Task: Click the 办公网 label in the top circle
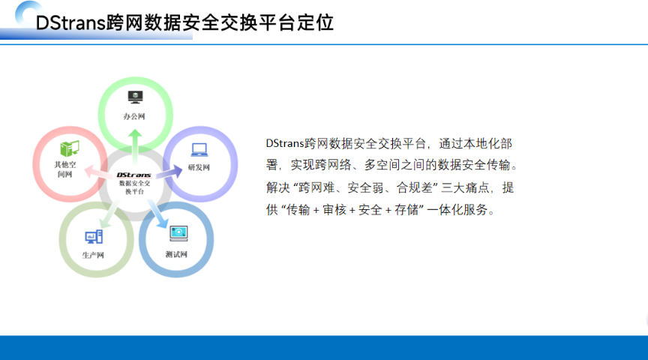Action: [x=134, y=117]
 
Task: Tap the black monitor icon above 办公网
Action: [x=135, y=96]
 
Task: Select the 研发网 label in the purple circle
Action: [x=199, y=166]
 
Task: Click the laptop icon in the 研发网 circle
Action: [x=199, y=148]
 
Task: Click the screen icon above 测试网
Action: [x=178, y=233]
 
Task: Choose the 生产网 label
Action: [x=94, y=255]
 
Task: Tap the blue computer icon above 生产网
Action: [x=94, y=237]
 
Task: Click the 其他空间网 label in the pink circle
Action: [x=64, y=169]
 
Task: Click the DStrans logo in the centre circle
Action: [x=134, y=174]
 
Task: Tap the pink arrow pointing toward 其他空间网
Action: [x=96, y=172]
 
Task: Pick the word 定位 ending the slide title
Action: [x=317, y=22]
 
